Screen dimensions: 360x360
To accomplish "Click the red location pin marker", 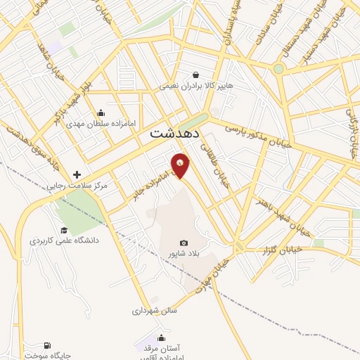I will click(x=181, y=166).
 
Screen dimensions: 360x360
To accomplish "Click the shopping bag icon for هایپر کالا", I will click(x=195, y=74).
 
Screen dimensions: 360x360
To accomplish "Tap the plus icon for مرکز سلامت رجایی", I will click(x=77, y=174).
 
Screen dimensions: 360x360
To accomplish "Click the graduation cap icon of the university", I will click(x=63, y=230).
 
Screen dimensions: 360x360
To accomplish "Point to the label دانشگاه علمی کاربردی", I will click(x=64, y=240).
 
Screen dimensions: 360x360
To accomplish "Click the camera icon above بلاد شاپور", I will click(x=184, y=243).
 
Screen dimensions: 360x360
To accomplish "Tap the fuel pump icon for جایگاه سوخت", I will click(x=46, y=345).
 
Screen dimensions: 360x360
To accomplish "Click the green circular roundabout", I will click(x=278, y=69).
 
